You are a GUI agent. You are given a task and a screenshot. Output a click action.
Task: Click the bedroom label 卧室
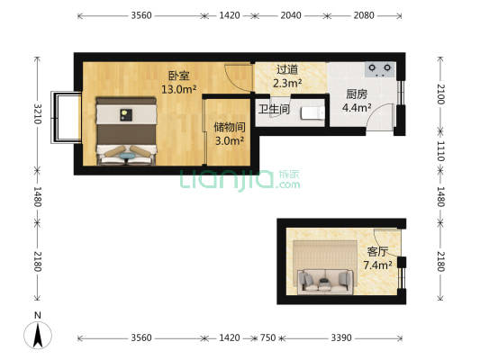177,76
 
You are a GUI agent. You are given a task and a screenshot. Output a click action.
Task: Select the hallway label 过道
286,69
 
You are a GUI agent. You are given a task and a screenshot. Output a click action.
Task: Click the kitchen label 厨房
355,94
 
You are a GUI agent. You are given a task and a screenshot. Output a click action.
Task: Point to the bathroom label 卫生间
274,110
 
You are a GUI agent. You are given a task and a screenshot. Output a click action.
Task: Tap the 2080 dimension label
365,15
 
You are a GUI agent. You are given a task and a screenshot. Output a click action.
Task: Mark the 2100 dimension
440,94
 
